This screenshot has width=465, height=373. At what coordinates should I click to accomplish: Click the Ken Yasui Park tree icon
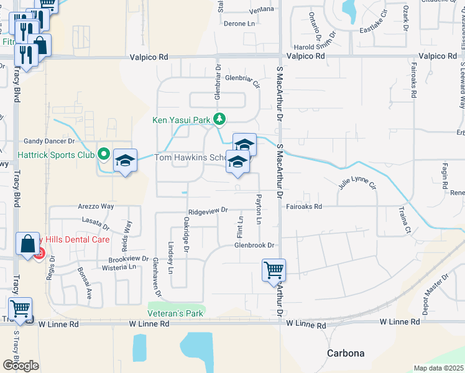point(219,119)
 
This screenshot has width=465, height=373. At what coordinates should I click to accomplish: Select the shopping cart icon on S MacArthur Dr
point(274,270)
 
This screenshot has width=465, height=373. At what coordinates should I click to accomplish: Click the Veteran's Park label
point(175,313)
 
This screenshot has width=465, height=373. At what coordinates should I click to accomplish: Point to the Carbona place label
point(346,353)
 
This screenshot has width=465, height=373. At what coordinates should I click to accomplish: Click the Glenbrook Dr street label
point(254,245)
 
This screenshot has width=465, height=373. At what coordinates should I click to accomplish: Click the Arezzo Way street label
point(96,206)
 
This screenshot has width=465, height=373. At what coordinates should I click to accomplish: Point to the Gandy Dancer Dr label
point(49,142)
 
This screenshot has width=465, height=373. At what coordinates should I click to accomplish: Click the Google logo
point(21,365)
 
